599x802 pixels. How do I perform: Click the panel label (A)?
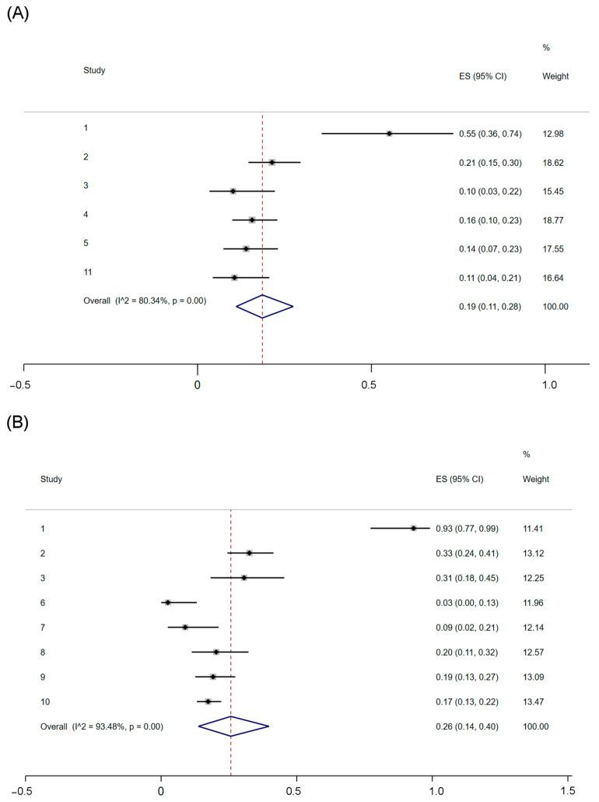17,13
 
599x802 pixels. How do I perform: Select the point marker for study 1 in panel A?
389,133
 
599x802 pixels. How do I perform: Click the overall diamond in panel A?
264,306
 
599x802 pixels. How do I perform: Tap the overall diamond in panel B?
233,726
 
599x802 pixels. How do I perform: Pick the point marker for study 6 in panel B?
167,603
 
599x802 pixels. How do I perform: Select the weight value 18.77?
556,220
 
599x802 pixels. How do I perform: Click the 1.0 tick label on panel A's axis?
549,385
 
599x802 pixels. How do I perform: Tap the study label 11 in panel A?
88,272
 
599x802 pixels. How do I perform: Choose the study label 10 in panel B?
45,702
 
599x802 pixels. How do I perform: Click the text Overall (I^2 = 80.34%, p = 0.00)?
145,300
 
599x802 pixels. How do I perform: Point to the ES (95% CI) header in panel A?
482,76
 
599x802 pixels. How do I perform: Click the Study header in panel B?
51,479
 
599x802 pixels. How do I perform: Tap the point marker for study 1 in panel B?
414,528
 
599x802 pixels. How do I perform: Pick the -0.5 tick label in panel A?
23,385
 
